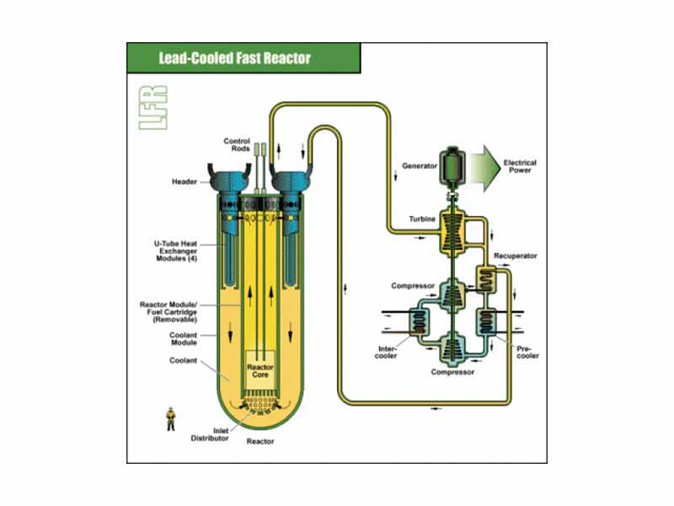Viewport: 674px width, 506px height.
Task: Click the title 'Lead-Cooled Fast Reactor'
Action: click(234, 59)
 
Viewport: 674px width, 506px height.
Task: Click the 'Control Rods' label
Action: click(237, 145)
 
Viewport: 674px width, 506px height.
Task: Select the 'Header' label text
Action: click(186, 181)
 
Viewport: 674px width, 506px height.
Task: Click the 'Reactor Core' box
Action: click(257, 370)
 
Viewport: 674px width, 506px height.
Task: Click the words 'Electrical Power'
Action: click(520, 165)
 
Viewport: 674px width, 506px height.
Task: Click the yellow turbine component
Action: click(455, 228)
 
